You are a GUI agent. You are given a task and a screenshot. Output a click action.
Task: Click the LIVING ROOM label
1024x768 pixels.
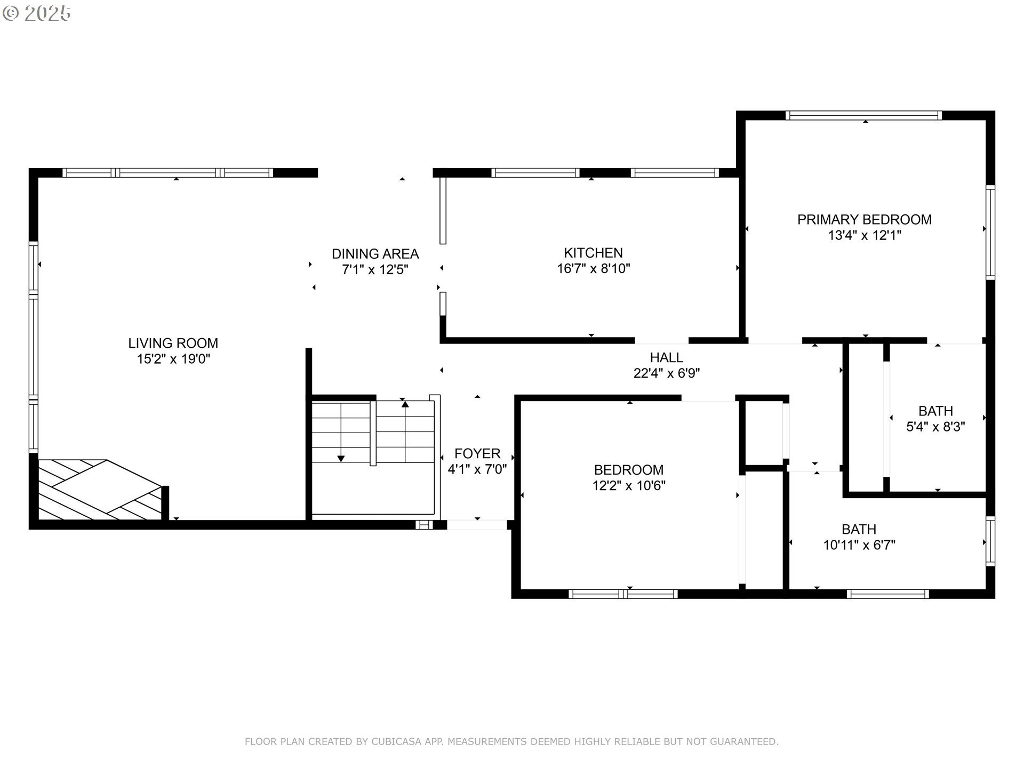[173, 343]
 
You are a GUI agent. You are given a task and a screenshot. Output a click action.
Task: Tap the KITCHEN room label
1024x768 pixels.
[593, 252]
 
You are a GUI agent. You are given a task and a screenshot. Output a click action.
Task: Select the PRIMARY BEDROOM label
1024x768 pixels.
[864, 219]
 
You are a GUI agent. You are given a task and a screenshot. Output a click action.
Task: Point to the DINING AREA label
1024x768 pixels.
[375, 253]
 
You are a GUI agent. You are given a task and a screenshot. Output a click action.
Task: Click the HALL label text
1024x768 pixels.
[666, 357]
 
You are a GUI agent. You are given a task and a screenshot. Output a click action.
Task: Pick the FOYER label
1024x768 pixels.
[477, 453]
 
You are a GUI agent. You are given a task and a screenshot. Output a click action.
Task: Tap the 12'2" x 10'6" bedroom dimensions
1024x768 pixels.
[629, 485]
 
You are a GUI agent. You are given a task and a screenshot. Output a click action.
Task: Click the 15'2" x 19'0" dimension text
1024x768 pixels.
[173, 359]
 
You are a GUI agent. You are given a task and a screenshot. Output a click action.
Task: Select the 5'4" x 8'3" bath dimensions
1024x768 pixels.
[935, 427]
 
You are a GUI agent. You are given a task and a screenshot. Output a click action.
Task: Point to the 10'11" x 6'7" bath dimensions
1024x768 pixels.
[859, 545]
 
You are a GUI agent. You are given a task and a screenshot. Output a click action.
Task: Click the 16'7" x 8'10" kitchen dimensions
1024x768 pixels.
[593, 268]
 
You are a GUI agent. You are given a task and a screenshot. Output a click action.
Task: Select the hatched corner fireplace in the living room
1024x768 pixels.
[100, 490]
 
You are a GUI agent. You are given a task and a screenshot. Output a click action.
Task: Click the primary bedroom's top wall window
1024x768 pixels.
[863, 115]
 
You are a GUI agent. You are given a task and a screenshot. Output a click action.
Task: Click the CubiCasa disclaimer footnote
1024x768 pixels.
[511, 741]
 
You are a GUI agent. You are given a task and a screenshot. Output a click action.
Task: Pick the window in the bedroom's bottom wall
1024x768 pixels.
[623, 594]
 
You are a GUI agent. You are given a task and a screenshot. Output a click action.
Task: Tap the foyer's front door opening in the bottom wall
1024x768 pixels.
[477, 525]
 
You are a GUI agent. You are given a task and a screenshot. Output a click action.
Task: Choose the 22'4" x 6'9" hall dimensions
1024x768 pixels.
[666, 373]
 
